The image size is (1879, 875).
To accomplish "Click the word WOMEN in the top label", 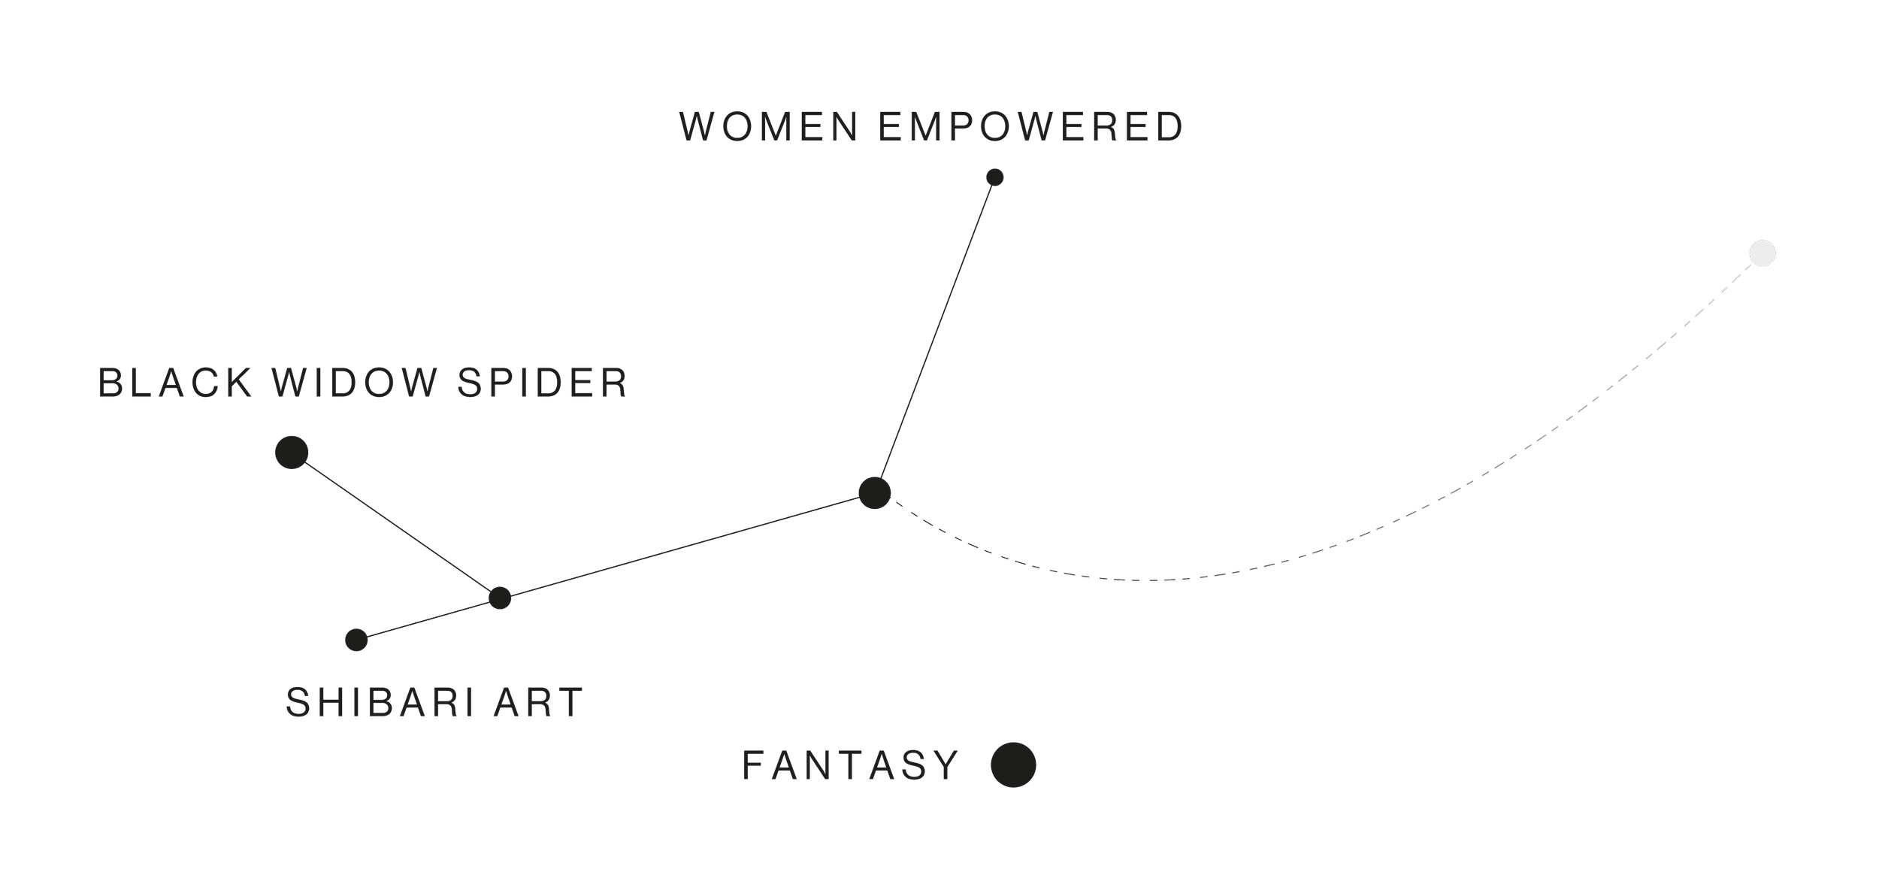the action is coord(769,126).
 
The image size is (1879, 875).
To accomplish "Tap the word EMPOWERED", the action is coord(1030,126).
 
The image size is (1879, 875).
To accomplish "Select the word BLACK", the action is coord(174,383).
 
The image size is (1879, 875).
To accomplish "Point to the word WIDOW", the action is coord(354,383).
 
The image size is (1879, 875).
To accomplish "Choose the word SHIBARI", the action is coord(380,702).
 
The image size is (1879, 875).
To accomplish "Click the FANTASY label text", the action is coord(850,765).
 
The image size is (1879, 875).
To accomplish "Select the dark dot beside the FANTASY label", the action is coord(1013,765).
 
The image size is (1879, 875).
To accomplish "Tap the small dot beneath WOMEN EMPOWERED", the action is coord(994,177).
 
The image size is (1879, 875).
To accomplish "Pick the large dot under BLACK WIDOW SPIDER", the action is coord(292,453).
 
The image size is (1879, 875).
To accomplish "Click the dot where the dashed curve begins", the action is coord(874,493).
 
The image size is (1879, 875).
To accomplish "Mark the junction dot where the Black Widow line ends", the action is coord(500,598).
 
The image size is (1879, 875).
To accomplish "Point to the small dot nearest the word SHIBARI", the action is coord(356,640).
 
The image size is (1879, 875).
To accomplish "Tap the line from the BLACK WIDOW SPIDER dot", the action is coord(395,525).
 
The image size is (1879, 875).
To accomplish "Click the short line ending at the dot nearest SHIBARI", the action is coord(428,619).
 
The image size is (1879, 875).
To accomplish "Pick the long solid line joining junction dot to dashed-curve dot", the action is coord(687,546).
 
